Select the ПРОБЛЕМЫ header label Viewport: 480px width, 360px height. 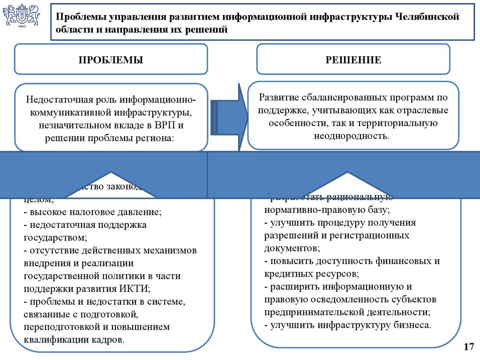point(111,60)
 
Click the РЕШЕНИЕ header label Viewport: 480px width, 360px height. point(353,60)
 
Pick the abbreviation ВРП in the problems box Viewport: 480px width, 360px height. point(158,126)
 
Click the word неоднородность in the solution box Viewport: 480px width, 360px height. point(352,136)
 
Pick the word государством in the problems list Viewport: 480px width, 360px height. point(54,238)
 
